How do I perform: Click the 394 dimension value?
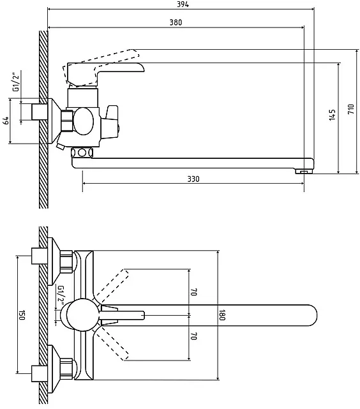click(183, 4)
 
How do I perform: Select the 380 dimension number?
click(176, 22)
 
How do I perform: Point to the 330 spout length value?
click(193, 179)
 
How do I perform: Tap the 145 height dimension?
click(332, 115)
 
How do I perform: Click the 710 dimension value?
click(351, 108)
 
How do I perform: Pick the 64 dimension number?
click(6, 121)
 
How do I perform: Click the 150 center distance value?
click(22, 315)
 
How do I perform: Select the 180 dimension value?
click(222, 315)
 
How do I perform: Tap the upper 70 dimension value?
click(194, 292)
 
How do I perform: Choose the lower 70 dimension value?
click(194, 336)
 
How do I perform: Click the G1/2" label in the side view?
click(16, 82)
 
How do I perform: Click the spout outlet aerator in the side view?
click(304, 172)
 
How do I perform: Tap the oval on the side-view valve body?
click(83, 121)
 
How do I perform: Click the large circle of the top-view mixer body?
click(83, 315)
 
